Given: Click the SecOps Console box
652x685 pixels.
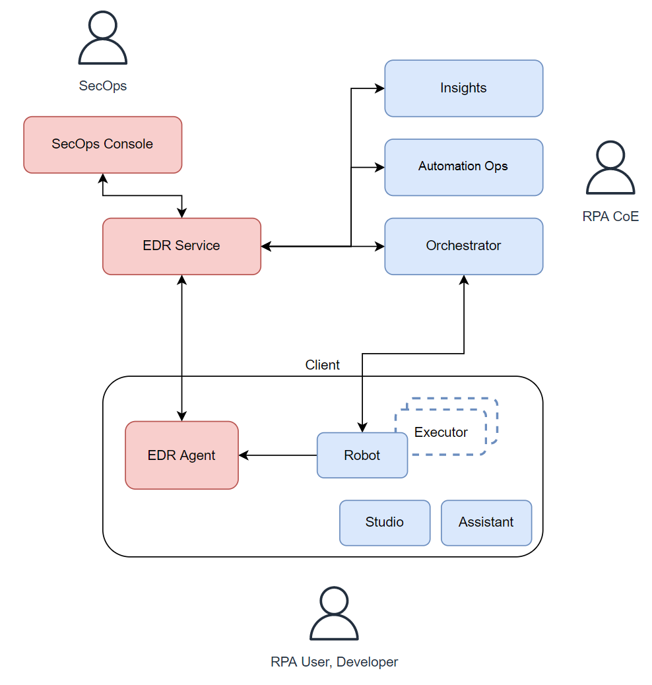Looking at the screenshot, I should tap(102, 145).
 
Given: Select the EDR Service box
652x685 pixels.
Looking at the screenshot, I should tap(181, 246).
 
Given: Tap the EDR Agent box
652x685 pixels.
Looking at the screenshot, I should tap(181, 455).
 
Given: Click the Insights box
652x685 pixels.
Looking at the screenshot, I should tap(463, 88).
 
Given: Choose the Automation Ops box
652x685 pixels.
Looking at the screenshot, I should tap(463, 167).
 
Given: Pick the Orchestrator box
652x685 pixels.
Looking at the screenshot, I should tap(463, 246).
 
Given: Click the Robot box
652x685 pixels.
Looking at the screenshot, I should tap(362, 455).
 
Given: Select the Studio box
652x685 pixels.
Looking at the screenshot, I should tap(384, 523).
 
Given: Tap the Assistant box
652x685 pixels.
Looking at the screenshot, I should tap(486, 523).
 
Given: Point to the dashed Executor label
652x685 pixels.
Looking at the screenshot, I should tap(441, 433).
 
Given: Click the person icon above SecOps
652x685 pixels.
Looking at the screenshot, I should tap(102, 40).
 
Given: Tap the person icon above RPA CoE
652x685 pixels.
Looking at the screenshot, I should tap(610, 169).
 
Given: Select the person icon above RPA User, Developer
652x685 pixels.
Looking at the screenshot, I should tap(334, 614).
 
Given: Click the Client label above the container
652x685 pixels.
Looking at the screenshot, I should tap(322, 365).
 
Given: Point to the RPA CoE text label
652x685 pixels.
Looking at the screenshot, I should tap(610, 216).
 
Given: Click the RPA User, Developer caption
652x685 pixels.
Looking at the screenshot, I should tap(334, 662).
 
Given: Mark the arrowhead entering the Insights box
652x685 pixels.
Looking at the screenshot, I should tap(380, 88).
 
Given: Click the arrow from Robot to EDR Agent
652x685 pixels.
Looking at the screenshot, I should tap(277, 455).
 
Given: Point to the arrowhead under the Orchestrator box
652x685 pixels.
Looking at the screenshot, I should tap(464, 280).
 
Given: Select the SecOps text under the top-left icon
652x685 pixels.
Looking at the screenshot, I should tap(102, 86).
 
